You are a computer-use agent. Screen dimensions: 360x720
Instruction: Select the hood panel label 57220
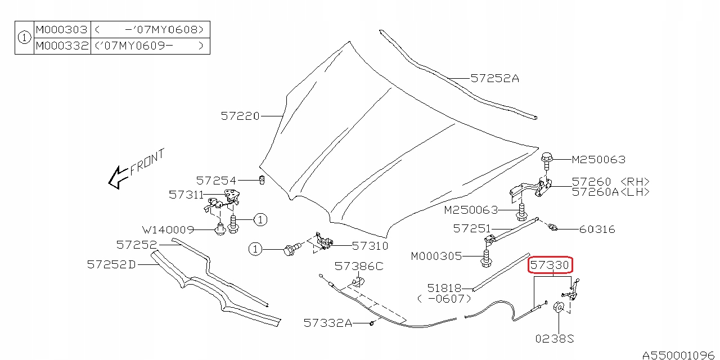[x=240, y=116]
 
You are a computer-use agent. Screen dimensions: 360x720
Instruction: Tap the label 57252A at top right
[x=494, y=79]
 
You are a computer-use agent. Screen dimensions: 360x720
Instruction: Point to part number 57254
[x=216, y=181]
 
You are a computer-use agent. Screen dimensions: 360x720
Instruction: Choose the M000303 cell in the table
[x=62, y=30]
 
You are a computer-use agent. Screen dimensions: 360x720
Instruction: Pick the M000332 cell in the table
[x=62, y=46]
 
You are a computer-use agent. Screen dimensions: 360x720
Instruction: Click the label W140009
[x=168, y=229]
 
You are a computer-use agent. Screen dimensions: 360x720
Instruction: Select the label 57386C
[x=358, y=266]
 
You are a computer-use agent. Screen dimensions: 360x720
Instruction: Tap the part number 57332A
[x=327, y=323]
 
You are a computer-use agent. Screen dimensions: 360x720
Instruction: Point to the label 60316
[x=597, y=229]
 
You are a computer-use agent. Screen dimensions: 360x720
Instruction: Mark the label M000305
[x=436, y=256]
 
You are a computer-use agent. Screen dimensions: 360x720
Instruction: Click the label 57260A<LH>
[x=610, y=192]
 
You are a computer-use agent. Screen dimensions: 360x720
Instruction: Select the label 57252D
[x=111, y=264]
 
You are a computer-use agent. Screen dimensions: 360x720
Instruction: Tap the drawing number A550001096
[x=679, y=355]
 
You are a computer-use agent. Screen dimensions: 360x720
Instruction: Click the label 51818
[x=444, y=288]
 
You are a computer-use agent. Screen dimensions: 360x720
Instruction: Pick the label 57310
[x=370, y=246]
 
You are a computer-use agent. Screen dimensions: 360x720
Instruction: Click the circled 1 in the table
[x=24, y=38]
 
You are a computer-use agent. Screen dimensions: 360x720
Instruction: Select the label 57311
[x=186, y=195]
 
